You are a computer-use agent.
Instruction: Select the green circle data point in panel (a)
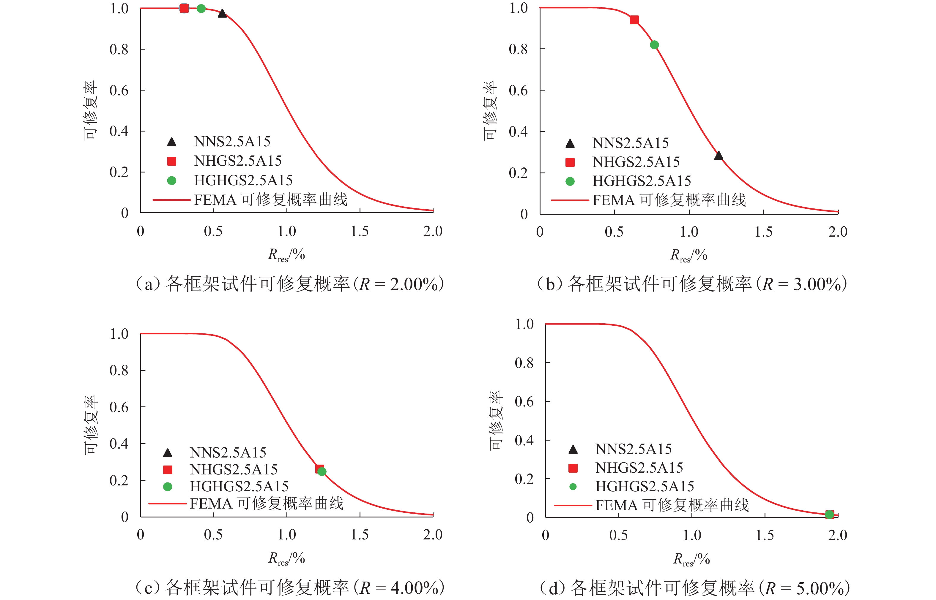click(201, 9)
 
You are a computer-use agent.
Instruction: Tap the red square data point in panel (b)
click(634, 20)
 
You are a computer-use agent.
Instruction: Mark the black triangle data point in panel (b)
click(718, 156)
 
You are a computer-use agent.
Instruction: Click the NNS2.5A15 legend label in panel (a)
click(232, 141)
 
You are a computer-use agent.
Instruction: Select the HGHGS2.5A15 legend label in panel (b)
click(642, 181)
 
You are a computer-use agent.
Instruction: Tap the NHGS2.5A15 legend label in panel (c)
click(234, 469)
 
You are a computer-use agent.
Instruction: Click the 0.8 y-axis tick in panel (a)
click(119, 50)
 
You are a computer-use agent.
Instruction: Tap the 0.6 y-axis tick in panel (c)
click(119, 407)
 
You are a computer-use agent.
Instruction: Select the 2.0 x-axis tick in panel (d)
click(838, 535)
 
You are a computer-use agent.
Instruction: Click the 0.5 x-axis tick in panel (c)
click(213, 535)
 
